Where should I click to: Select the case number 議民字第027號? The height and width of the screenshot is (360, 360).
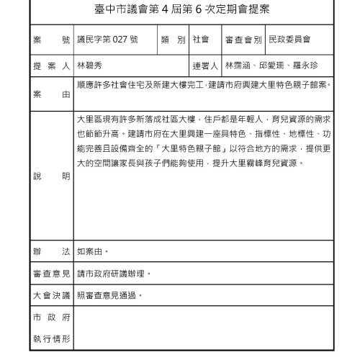(103, 39)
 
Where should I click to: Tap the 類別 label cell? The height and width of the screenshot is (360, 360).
(174, 39)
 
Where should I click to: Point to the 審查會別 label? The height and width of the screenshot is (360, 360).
(243, 39)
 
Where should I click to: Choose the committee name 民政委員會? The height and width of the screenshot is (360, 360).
(291, 39)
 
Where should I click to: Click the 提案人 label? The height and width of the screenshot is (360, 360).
(50, 66)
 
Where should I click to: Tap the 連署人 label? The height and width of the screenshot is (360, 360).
(206, 66)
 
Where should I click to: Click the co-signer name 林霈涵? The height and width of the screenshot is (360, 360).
(239, 66)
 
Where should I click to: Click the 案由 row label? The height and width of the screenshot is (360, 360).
(50, 94)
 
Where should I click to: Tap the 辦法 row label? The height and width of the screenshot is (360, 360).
(50, 252)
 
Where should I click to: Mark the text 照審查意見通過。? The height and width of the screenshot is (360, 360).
(109, 295)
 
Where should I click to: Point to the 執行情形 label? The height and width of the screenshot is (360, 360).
(50, 338)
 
